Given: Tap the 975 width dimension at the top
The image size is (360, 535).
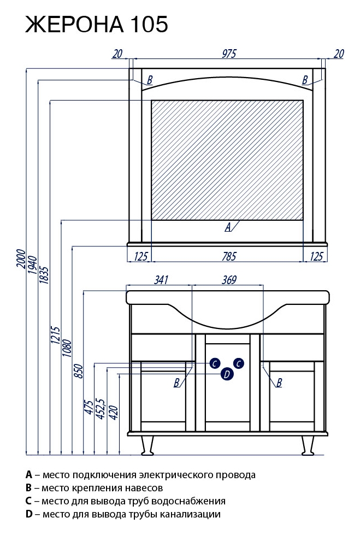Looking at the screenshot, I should (x=229, y=53).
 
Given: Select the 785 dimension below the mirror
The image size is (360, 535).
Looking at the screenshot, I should (x=229, y=256).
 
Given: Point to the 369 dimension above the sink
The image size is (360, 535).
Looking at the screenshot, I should (x=229, y=280).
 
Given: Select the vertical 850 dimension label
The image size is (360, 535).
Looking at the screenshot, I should (x=78, y=371).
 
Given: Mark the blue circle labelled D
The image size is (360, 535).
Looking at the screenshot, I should (x=227, y=374).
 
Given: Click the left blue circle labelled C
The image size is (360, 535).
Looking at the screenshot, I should (x=215, y=363).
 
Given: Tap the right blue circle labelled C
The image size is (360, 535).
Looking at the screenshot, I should (x=238, y=363).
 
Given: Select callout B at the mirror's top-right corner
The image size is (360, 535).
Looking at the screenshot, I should (x=305, y=80).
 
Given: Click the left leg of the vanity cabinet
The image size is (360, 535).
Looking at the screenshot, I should (x=146, y=445).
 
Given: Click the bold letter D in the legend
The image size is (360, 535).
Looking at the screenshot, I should (x=29, y=514).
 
